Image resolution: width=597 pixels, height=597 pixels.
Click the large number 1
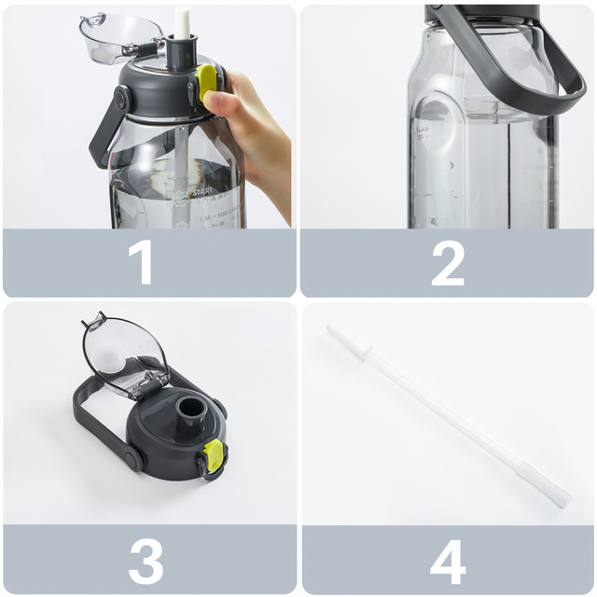[143, 264]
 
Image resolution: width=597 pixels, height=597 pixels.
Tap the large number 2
[448, 264]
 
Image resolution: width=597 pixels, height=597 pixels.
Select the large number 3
[146, 562]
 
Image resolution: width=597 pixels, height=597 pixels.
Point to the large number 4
[448, 562]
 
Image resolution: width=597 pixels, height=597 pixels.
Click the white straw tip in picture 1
[182, 24]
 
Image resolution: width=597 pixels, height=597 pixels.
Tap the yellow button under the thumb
[207, 82]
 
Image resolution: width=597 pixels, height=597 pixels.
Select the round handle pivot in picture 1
[121, 97]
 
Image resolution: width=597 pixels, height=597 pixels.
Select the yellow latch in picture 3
[214, 455]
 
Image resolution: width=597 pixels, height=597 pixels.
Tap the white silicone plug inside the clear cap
[110, 358]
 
